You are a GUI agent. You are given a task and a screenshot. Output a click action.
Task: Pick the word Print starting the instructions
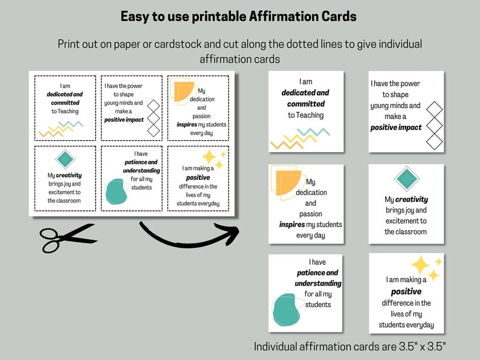[70, 45]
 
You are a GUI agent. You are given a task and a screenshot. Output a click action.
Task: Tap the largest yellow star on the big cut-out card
[421, 265]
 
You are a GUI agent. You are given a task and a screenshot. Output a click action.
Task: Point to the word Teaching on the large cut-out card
[306, 115]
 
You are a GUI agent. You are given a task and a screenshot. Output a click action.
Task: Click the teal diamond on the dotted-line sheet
[65, 159]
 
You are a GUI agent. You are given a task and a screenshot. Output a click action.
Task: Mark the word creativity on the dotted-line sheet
[69, 175]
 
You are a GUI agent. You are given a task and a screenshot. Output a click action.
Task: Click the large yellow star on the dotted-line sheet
[209, 158]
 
